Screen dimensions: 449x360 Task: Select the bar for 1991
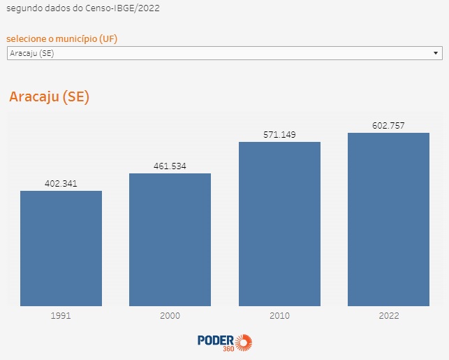tap(61, 248)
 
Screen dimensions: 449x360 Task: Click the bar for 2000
tap(170, 240)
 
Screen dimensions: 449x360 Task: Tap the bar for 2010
tap(279, 224)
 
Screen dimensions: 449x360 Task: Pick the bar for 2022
tap(388, 219)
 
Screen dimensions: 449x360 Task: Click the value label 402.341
tap(61, 183)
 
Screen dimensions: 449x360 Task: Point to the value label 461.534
tap(170, 166)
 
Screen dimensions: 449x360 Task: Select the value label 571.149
tap(279, 134)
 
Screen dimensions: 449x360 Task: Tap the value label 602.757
tap(388, 125)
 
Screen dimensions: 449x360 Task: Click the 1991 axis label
tap(61, 315)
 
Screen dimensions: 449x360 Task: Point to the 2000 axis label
tap(170, 315)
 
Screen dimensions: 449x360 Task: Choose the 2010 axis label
tap(279, 315)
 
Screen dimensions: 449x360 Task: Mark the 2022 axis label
tap(389, 315)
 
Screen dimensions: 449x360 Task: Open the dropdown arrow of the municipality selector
tap(436, 53)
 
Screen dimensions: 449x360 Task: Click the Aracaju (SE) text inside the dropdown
tap(32, 53)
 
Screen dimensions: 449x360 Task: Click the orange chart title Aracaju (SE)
tap(50, 96)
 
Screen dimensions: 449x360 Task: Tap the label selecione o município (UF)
tap(62, 38)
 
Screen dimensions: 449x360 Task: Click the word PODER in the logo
tap(216, 340)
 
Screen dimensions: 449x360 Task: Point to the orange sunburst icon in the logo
tap(244, 343)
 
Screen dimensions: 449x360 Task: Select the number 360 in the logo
tap(228, 349)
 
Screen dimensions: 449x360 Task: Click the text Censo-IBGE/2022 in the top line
tap(122, 8)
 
